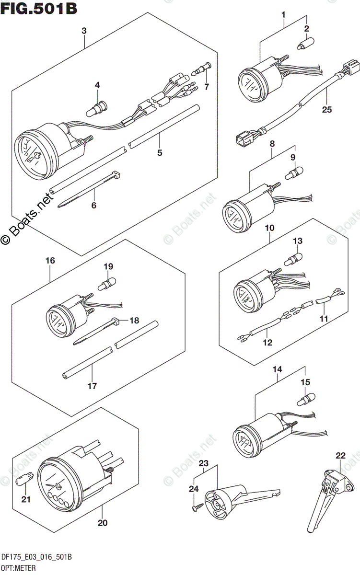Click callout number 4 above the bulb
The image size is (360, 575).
[x=97, y=85]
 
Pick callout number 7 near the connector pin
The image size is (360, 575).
[x=207, y=87]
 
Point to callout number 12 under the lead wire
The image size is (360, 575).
[x=267, y=342]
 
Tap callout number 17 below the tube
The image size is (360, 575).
[x=92, y=385]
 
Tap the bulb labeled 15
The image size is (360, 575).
[x=304, y=399]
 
